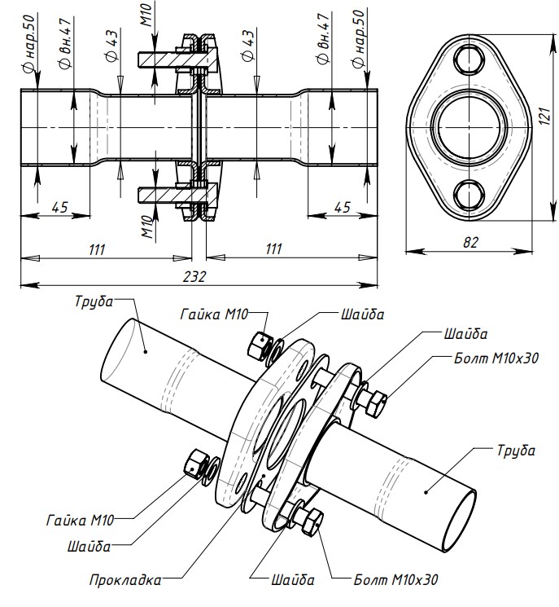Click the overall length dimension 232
pos(194,276)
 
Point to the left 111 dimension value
pos(97,249)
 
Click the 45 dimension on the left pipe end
pos(59,207)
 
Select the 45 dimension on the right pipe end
pos(341,207)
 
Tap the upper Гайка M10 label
pos(215,314)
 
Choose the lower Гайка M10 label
pos(80,519)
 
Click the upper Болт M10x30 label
pos(496,357)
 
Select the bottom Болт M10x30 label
pos(395,580)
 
